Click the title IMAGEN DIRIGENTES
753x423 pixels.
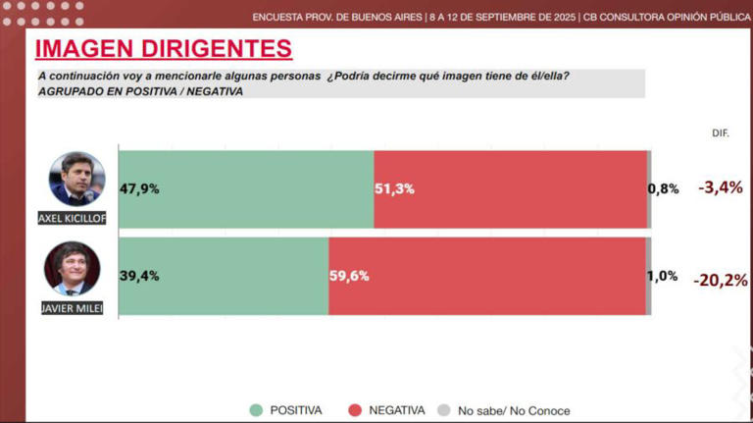tap(163, 48)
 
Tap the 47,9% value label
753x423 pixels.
tap(139, 188)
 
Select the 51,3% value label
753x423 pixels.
tap(395, 188)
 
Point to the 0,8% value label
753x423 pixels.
tap(664, 188)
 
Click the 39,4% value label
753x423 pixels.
tap(139, 276)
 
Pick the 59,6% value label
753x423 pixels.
tap(348, 276)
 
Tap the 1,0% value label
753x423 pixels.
tap(662, 276)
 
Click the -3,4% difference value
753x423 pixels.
tap(720, 187)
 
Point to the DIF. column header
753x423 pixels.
tap(720, 132)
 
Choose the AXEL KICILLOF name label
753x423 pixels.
tap(72, 218)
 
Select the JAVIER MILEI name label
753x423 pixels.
tap(73, 308)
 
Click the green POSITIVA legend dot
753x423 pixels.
tap(256, 410)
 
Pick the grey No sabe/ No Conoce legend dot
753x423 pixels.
tap(443, 410)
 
